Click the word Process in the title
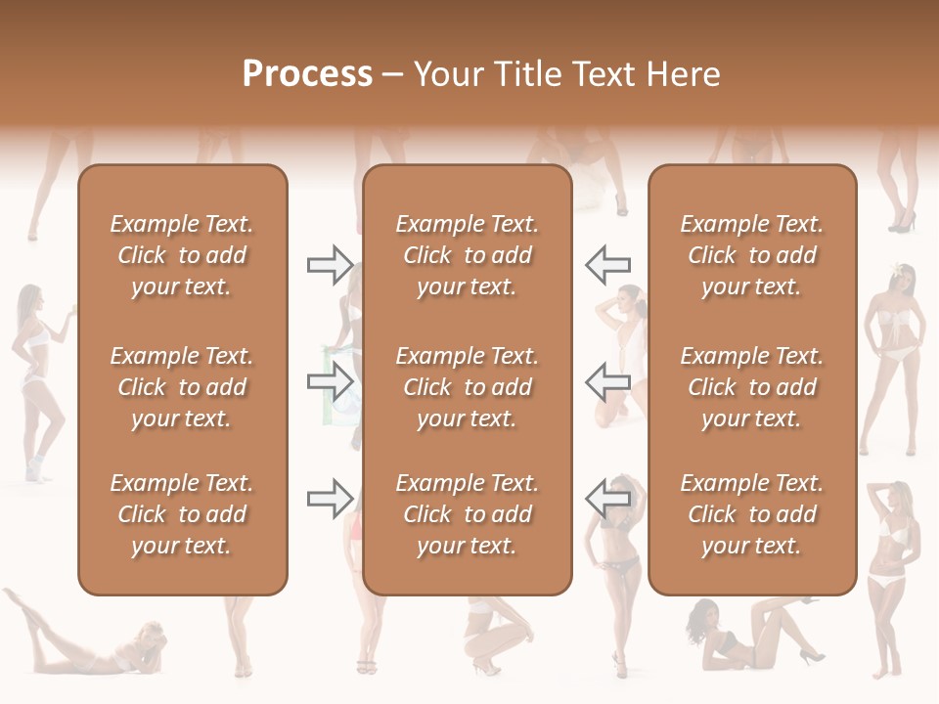tap(307, 74)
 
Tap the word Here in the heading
tap(682, 74)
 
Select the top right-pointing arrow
tap(331, 264)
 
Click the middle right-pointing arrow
tap(331, 382)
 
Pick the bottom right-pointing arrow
tap(331, 499)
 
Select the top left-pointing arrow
tap(607, 264)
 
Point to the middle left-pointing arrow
tap(607, 382)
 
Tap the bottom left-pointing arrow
tap(607, 499)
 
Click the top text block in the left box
tap(182, 255)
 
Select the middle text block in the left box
tap(182, 387)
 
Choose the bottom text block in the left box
tap(182, 514)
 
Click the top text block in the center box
tap(467, 255)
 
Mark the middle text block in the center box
tap(467, 387)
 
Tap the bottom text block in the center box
tap(467, 514)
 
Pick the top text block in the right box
tap(752, 255)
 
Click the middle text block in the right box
tap(752, 387)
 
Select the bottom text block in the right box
tap(752, 514)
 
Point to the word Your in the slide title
tap(447, 74)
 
